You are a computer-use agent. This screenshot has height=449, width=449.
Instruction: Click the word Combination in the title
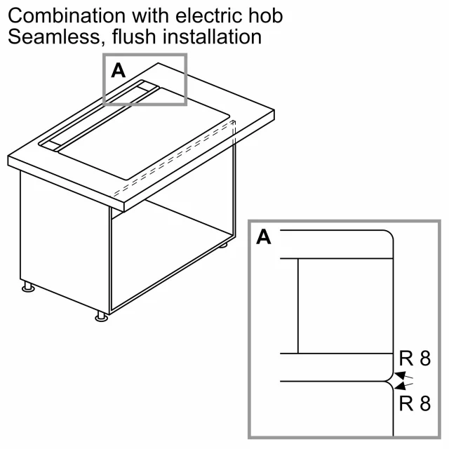click(67, 15)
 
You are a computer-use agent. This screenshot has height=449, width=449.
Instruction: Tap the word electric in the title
click(208, 15)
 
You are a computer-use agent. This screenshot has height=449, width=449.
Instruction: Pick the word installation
click(212, 36)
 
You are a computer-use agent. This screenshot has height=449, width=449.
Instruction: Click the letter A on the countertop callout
click(119, 70)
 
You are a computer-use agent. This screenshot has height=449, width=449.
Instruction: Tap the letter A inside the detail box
click(264, 237)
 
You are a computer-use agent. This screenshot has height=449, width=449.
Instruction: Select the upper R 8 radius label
click(415, 358)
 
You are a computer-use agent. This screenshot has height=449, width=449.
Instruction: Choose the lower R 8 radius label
click(415, 403)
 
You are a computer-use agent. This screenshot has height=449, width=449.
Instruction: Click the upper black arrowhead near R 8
click(400, 375)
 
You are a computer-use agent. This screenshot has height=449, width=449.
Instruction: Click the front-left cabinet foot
click(28, 287)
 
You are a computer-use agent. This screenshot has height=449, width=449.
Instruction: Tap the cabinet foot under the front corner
click(101, 316)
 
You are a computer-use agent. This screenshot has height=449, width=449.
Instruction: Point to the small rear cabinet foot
click(224, 245)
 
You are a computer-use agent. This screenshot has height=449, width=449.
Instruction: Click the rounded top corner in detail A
click(389, 234)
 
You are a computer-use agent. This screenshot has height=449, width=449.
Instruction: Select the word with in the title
click(150, 15)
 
